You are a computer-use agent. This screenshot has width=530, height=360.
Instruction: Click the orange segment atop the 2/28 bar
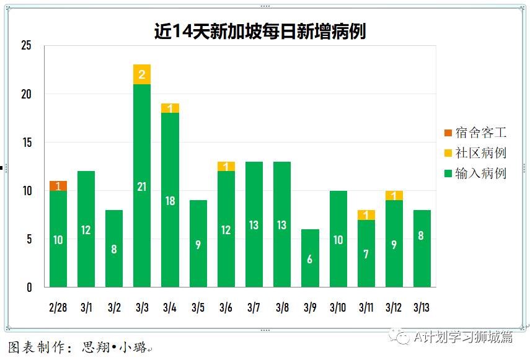[x=58, y=186]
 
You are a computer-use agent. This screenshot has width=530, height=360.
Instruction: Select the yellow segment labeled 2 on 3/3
[x=142, y=74]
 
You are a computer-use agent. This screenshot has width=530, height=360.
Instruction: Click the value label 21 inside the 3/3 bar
[x=142, y=187]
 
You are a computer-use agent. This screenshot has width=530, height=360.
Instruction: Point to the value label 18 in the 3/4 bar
[x=170, y=201]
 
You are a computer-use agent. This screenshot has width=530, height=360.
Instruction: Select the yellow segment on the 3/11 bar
[x=366, y=215]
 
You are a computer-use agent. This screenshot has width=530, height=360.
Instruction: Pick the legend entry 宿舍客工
[x=475, y=133]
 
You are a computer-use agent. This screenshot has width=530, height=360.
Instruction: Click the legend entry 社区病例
[x=475, y=153]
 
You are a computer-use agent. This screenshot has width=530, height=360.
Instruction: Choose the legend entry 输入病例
[x=475, y=173]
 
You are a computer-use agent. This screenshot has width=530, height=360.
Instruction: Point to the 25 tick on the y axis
[x=26, y=45]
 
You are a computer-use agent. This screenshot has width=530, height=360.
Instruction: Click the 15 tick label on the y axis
[x=26, y=143]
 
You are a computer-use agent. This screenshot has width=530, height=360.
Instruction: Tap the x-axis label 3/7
[x=254, y=307]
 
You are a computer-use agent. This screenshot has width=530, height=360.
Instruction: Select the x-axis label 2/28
[x=58, y=307]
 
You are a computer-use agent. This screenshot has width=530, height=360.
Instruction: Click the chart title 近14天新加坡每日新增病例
[x=260, y=31]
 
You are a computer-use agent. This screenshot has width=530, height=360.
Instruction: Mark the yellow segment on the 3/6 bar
[x=226, y=166]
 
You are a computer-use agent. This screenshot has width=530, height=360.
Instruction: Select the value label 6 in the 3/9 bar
[x=310, y=260]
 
